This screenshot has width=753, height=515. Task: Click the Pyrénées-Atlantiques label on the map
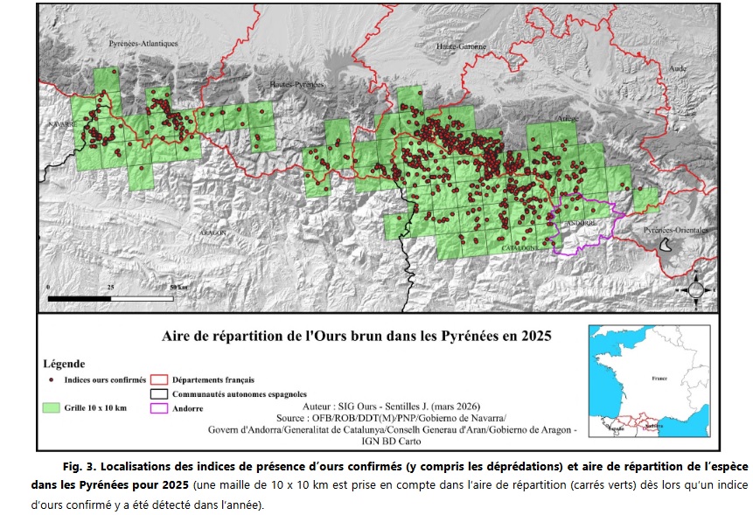point(143,44)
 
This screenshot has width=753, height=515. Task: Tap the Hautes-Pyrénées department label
point(295,83)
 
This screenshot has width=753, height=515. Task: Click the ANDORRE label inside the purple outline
point(581,224)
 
